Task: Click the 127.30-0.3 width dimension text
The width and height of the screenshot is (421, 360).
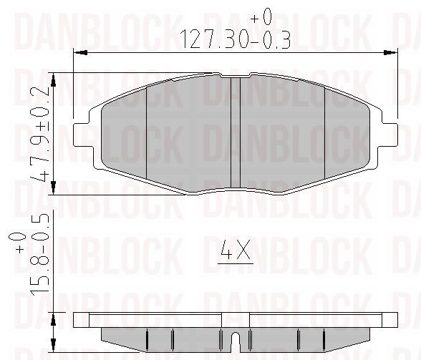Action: click(x=235, y=39)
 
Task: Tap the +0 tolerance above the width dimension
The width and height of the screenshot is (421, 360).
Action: click(x=261, y=17)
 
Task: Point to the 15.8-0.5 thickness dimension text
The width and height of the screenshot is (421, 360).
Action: click(x=40, y=256)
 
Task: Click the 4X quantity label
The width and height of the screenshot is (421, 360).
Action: click(x=236, y=250)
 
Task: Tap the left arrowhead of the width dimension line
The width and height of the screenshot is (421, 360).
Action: click(x=80, y=53)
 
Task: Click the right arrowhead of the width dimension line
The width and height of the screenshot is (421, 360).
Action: click(x=391, y=53)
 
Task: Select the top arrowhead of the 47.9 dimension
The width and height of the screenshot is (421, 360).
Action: click(x=54, y=79)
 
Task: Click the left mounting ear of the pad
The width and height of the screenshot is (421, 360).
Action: click(x=82, y=135)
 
